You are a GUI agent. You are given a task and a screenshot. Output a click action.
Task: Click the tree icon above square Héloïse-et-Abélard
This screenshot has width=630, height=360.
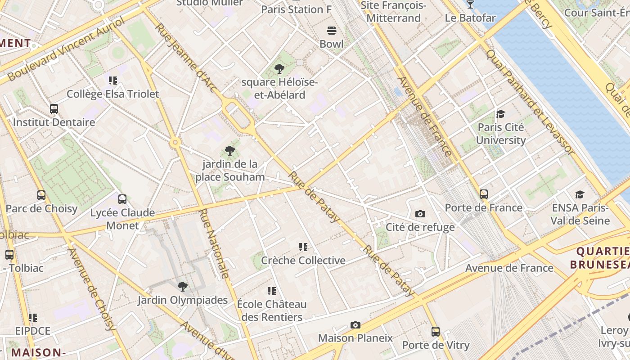tap(279, 69)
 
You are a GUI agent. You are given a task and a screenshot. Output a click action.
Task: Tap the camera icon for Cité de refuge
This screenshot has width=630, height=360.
tap(420, 214)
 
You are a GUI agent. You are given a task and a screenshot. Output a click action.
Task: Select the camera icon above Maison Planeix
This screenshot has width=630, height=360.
tap(355, 325)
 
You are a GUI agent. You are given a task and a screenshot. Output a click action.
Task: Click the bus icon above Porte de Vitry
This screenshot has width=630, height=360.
tap(435, 332)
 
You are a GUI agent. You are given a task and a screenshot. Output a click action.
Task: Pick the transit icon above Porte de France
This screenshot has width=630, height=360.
tap(484, 194)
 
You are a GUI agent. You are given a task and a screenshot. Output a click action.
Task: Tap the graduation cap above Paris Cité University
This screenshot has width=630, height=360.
tap(500, 114)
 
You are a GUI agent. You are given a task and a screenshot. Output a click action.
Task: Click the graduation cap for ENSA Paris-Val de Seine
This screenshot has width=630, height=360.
tap(580, 194)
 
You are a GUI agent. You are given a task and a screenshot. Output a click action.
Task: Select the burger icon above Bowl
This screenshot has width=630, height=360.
tap(332, 31)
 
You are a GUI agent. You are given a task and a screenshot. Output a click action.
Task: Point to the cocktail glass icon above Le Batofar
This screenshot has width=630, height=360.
tap(470, 4)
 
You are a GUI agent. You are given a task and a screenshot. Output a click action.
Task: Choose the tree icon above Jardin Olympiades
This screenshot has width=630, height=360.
tap(182, 287)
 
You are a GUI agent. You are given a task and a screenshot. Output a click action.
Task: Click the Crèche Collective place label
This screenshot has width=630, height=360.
tap(303, 261)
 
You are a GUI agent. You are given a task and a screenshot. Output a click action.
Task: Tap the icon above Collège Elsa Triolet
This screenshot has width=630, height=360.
tap(113, 81)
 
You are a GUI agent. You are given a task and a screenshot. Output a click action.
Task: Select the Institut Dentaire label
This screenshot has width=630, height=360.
tap(54, 122)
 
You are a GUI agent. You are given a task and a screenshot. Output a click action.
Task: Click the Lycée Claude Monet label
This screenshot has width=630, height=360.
tap(122, 219)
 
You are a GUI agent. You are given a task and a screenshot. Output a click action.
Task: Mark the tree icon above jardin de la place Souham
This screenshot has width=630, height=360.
tap(230, 151)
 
